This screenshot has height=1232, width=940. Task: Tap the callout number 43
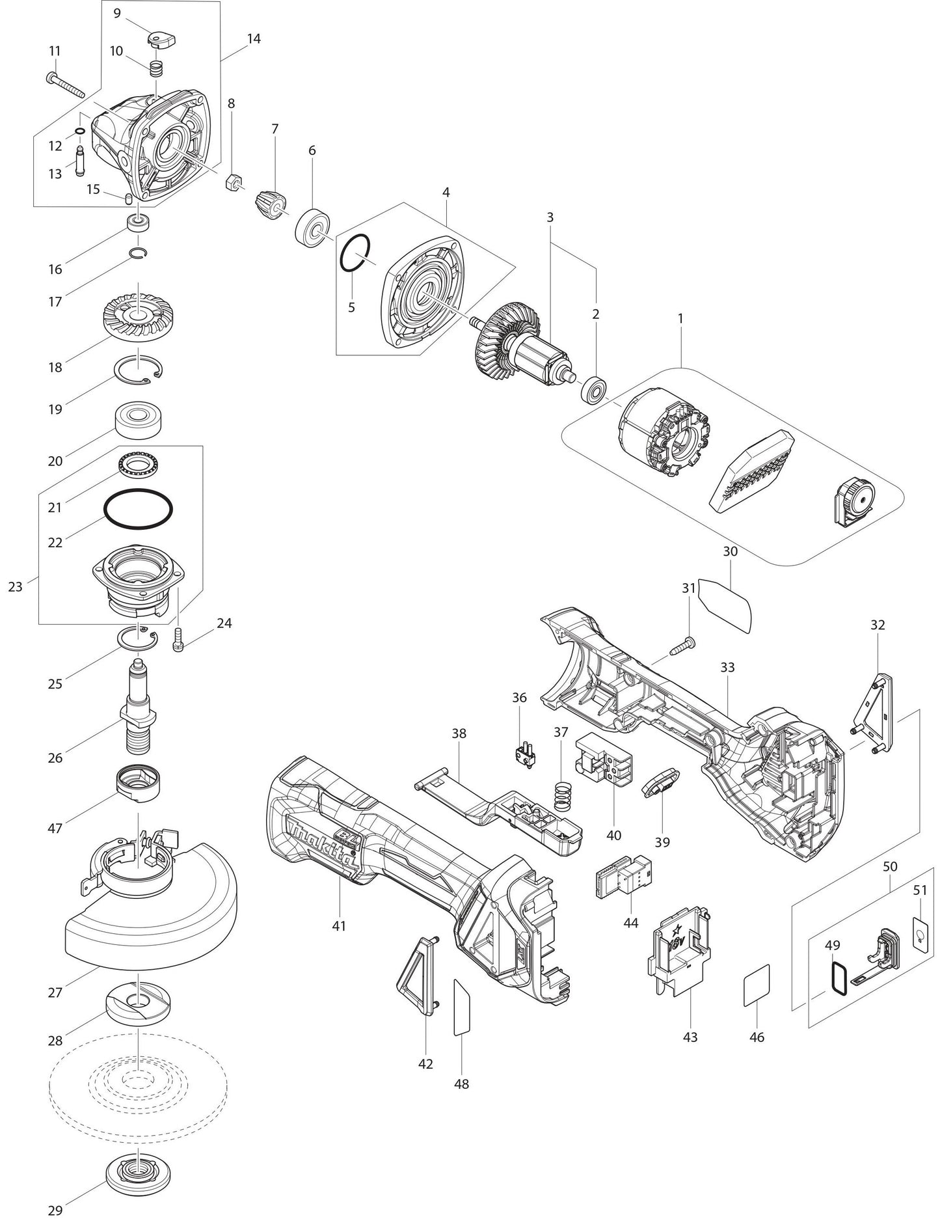[690, 1036]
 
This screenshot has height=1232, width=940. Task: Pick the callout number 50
[890, 866]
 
